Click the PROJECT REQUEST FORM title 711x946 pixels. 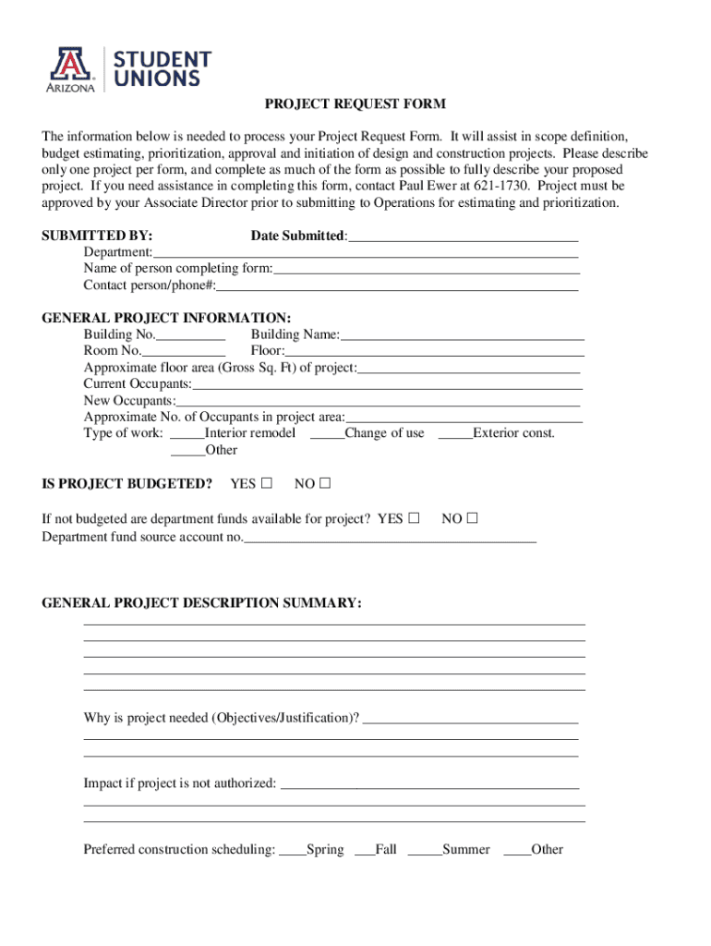[x=355, y=103]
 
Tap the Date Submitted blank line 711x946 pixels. [x=464, y=236]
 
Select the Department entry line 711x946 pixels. [x=366, y=253]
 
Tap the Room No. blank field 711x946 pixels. [x=184, y=351]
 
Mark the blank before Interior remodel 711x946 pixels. [x=187, y=434]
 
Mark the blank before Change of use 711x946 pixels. [x=327, y=434]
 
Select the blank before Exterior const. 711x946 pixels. [x=455, y=434]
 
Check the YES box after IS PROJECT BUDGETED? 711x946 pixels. [x=267, y=483]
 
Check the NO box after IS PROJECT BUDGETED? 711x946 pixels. [x=325, y=483]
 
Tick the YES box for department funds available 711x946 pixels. [x=414, y=518]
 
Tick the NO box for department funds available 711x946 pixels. [x=473, y=518]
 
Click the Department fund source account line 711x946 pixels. [x=390, y=538]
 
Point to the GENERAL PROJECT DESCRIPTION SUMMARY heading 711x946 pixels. [x=202, y=603]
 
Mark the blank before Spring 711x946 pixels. [x=293, y=850]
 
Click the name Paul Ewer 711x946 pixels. [x=427, y=187]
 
